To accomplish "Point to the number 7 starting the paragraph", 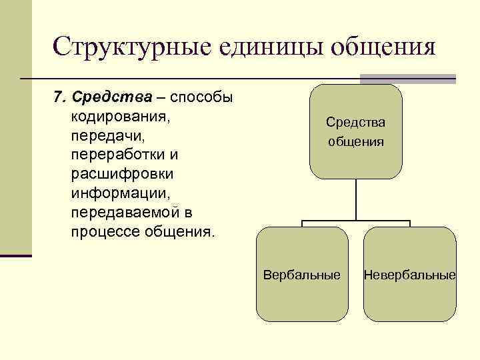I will pos(57,98).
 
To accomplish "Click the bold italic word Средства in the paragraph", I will pos(113,98).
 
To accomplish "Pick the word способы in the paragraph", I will pos(201,98).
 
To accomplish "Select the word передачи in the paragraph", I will pos(102,136).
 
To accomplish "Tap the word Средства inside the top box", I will pos(355,122).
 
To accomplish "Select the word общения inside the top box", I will pos(355,141).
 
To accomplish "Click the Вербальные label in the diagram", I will pos(301,275).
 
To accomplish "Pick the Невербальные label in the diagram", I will pos(409,275).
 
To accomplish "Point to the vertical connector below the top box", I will pos(356,200).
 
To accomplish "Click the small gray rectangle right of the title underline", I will pos(441,79).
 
